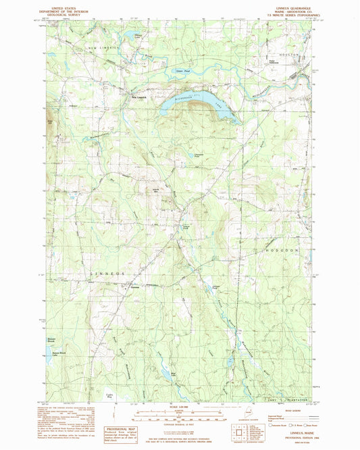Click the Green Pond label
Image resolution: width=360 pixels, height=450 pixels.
point(180,70)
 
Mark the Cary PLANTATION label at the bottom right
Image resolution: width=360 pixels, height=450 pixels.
point(290,400)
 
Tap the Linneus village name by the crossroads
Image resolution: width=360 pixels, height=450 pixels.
point(134,286)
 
